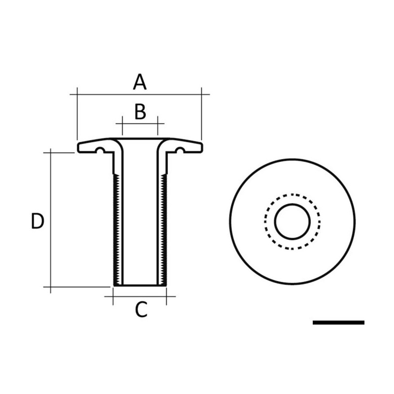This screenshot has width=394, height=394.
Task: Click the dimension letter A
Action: tap(140, 82)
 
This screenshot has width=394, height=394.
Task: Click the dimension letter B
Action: tap(140, 112)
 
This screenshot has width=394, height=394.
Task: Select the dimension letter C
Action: tap(141, 310)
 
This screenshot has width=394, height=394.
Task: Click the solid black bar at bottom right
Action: tap(338, 323)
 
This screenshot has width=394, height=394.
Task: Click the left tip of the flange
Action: tap(79, 147)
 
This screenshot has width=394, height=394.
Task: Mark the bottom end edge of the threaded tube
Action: tap(140, 286)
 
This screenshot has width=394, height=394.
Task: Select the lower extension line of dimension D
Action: tap(79, 287)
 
